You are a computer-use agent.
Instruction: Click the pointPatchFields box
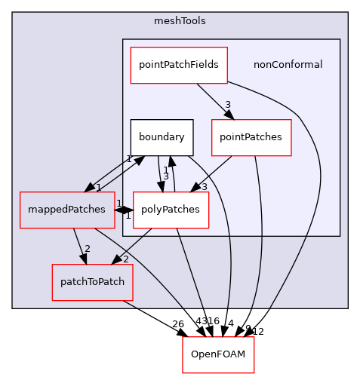[179, 65]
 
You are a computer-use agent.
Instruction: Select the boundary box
[162, 138]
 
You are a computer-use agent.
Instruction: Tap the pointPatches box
[251, 138]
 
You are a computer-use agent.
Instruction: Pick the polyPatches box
[171, 210]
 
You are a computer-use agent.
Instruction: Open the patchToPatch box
[92, 282]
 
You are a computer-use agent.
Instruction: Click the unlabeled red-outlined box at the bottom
[218, 354]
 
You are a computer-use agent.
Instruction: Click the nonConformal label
[288, 65]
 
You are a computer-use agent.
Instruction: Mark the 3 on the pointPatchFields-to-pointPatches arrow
[226, 104]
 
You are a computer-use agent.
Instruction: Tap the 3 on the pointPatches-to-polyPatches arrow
[203, 186]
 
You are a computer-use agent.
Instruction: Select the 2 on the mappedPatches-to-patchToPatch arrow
[88, 249]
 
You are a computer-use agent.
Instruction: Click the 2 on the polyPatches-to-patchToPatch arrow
[125, 259]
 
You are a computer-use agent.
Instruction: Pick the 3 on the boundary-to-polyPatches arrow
[165, 176]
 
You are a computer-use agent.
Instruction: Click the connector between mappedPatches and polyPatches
[124, 210]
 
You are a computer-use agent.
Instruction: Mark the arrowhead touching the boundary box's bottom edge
[171, 161]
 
